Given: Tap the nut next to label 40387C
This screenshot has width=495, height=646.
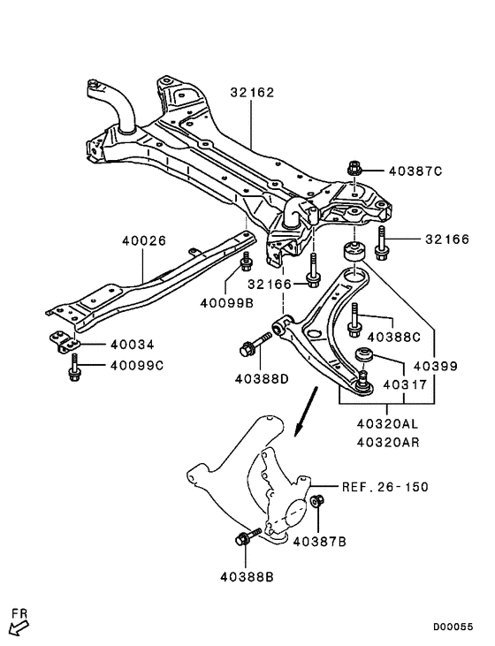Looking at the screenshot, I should pyautogui.click(x=354, y=168).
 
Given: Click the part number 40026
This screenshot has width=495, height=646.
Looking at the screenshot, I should pyautogui.click(x=142, y=239).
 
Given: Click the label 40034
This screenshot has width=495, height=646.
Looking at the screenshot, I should pyautogui.click(x=131, y=345).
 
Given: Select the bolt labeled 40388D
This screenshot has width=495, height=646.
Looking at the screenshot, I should pyautogui.click(x=249, y=348).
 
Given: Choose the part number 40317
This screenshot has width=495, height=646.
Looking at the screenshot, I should pyautogui.click(x=405, y=385).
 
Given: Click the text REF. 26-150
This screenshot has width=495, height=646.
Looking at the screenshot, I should pyautogui.click(x=386, y=487).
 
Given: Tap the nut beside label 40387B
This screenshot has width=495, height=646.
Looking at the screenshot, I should pyautogui.click(x=317, y=504).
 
